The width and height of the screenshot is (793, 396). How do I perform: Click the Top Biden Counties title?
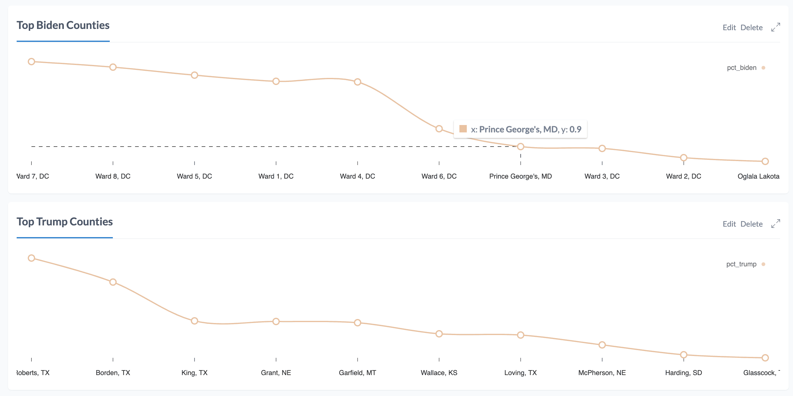pyautogui.click(x=63, y=25)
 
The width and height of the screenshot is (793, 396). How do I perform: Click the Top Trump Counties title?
pyautogui.click(x=64, y=222)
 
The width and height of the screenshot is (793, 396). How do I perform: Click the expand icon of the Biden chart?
pyautogui.click(x=775, y=27)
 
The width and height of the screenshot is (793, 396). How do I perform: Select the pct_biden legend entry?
pyautogui.click(x=742, y=68)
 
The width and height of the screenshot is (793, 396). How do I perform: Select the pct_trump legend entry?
pyautogui.click(x=741, y=264)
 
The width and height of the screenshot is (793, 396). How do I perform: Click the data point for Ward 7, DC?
pyautogui.click(x=31, y=62)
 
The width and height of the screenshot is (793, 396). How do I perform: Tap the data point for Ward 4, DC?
pyautogui.click(x=357, y=82)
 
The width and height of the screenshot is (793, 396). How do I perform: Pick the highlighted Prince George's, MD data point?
pyautogui.click(x=520, y=147)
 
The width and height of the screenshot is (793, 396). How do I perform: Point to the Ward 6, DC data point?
pyautogui.click(x=439, y=129)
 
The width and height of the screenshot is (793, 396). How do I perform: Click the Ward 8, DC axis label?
pyautogui.click(x=113, y=176)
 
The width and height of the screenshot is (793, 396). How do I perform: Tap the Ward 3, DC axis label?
pyautogui.click(x=602, y=176)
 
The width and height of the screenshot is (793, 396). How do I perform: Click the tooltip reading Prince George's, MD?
pyautogui.click(x=520, y=129)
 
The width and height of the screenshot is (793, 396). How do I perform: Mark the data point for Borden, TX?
pyautogui.click(x=113, y=282)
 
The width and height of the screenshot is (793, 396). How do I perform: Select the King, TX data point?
pyautogui.click(x=194, y=321)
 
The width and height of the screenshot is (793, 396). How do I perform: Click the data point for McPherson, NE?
pyautogui.click(x=602, y=345)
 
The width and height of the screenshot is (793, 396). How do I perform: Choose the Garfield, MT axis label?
pyautogui.click(x=357, y=373)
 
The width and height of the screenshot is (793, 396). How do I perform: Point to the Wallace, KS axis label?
pyautogui.click(x=439, y=373)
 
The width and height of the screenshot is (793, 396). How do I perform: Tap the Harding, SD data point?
pyautogui.click(x=684, y=355)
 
